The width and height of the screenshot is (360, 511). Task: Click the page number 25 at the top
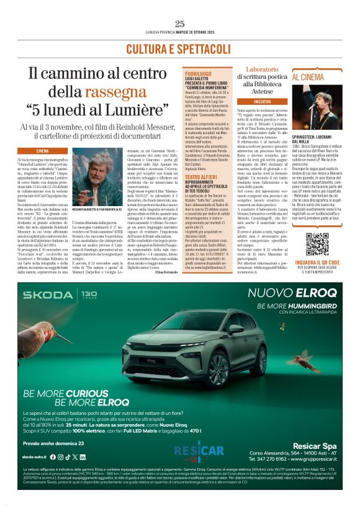180,24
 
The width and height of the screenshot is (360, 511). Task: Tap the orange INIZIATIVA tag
263,101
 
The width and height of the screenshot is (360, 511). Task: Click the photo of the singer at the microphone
323,109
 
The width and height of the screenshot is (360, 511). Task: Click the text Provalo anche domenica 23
53,443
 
